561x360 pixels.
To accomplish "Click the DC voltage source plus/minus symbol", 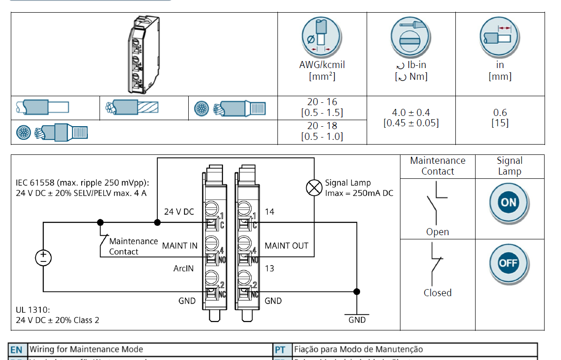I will [43, 257].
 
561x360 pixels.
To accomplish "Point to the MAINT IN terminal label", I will [180, 245].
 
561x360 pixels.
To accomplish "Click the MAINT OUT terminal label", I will [286, 245].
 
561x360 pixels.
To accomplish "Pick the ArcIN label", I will [184, 268].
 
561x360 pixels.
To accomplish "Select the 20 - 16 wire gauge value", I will [322, 102].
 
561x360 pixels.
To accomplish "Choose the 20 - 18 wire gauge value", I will [322, 126].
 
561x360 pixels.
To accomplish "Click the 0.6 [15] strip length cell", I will [500, 118].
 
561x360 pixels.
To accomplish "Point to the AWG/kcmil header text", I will [322, 65].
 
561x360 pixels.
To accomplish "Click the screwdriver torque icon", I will [411, 38].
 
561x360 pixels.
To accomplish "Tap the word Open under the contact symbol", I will [438, 232].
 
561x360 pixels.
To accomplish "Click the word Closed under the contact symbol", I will [438, 293].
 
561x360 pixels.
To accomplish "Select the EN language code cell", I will [16, 350].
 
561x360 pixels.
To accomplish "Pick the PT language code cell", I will [280, 350].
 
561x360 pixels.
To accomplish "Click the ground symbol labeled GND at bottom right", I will [357, 315].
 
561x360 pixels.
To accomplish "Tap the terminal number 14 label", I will [269, 212].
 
